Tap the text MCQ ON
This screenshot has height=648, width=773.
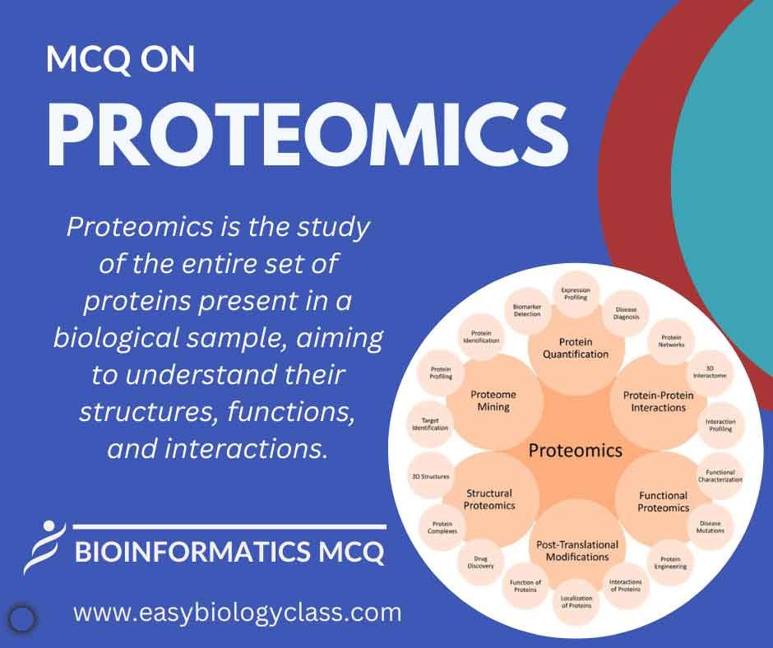click(120, 60)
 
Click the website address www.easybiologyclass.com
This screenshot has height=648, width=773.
click(238, 613)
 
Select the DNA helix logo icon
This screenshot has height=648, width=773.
click(45, 548)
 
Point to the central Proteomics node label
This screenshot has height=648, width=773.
click(576, 451)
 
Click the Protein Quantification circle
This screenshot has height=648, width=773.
click(576, 348)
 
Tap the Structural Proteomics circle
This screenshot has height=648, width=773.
click(489, 499)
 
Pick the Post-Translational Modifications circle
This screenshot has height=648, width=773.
click(577, 551)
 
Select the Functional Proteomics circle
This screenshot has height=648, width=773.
click(663, 502)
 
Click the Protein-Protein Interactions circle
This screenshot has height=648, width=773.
click(659, 401)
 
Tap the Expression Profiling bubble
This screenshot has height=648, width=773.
click(576, 294)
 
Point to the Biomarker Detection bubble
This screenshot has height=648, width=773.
click(527, 310)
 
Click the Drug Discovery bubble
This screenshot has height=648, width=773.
click(481, 562)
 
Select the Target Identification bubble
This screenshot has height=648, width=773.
click(430, 424)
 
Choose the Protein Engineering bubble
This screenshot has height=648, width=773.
click(670, 562)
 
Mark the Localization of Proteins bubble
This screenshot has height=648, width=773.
click(576, 602)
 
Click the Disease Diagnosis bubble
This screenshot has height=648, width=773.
click(626, 313)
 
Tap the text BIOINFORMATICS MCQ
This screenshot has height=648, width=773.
click(229, 551)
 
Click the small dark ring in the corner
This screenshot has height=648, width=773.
click(23, 618)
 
